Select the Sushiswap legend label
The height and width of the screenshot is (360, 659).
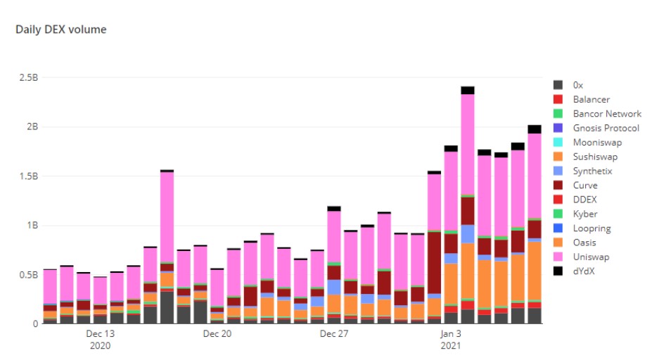595,157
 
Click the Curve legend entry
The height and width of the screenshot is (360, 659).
585,186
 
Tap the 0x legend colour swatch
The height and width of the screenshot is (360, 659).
558,85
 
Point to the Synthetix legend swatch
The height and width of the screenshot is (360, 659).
558,171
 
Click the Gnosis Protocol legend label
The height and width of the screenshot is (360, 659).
606,128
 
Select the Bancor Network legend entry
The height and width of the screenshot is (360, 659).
607,114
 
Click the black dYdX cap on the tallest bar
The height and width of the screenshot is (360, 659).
468,90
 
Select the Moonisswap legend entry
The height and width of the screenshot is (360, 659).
597,143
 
